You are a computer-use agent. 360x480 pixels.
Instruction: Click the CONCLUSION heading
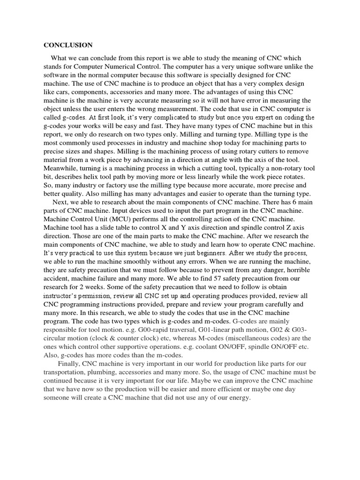68,45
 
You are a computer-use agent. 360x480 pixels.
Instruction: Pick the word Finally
69,364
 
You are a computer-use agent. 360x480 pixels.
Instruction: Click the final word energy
239,398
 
